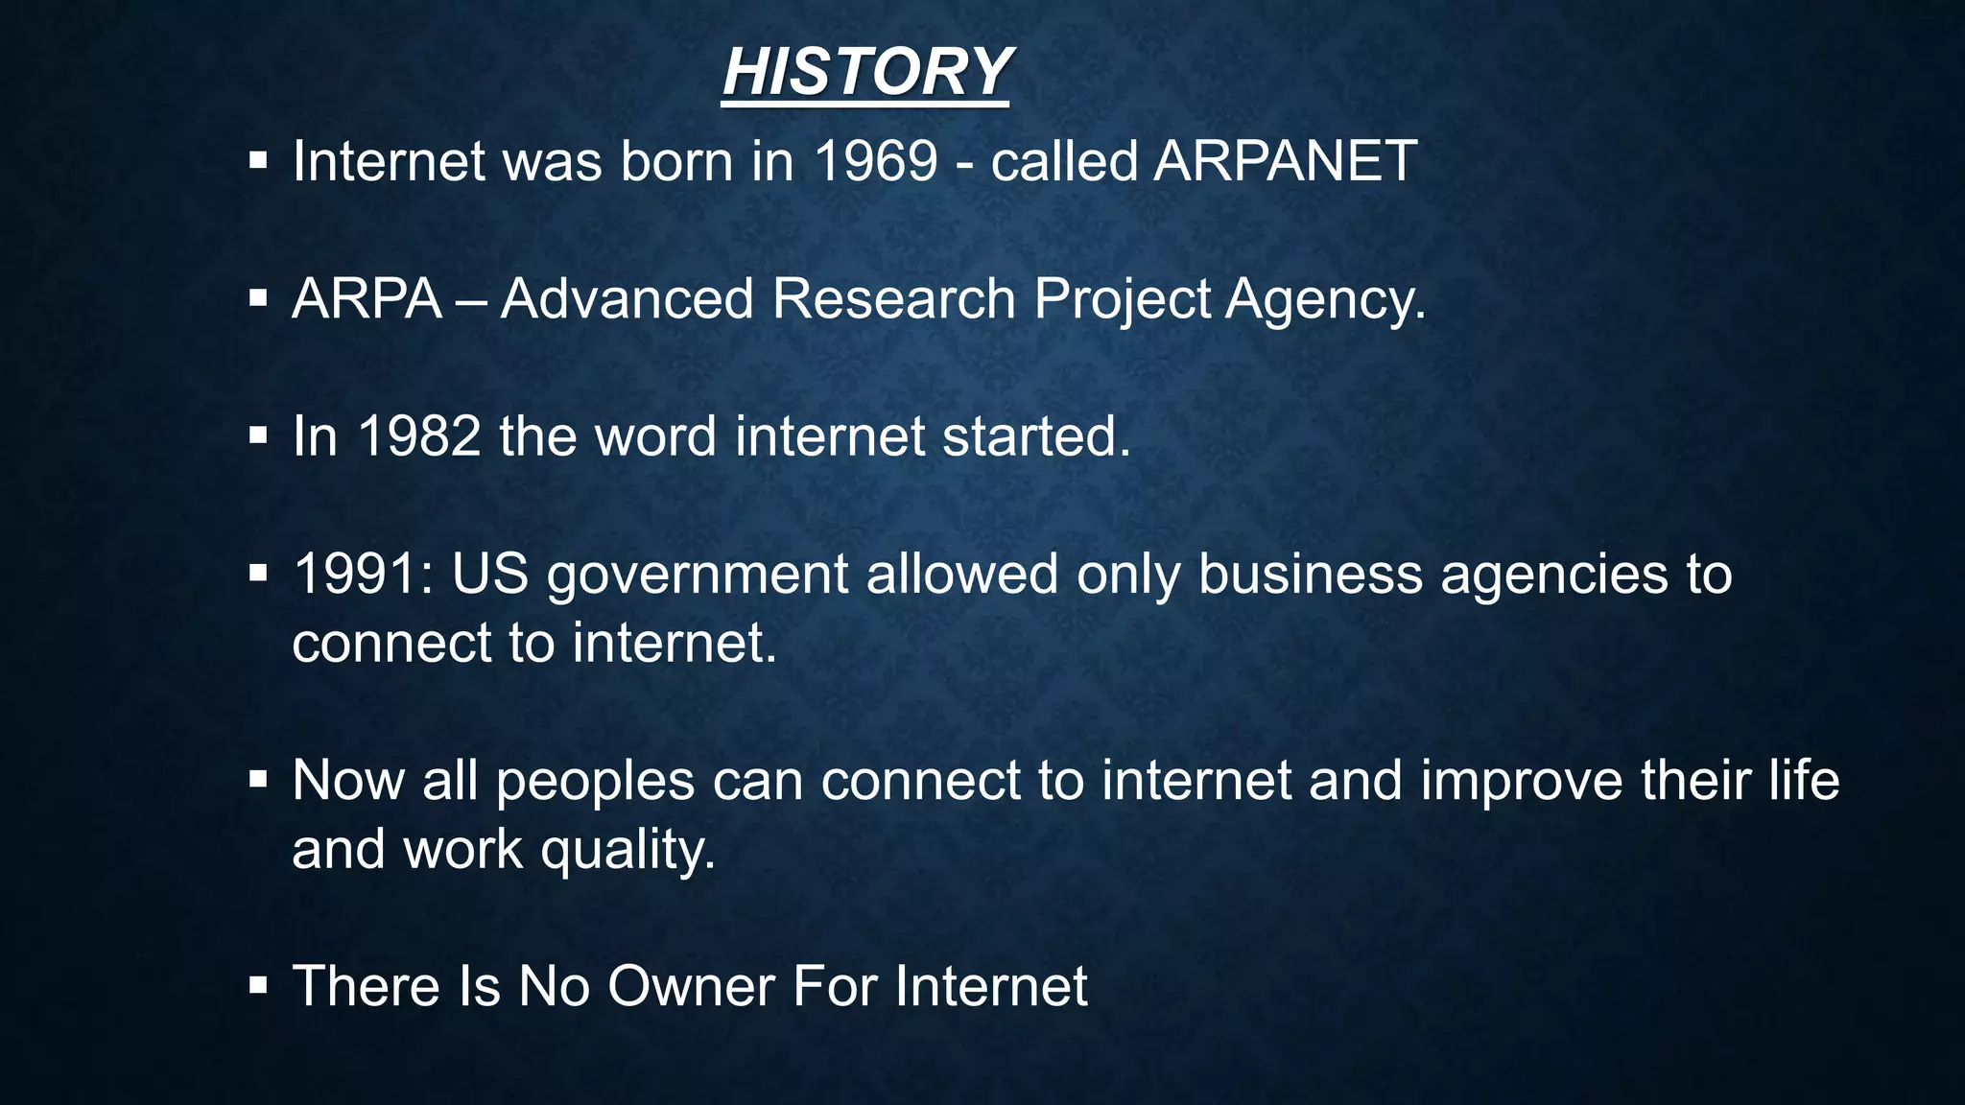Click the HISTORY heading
[865, 72]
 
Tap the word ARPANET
[1285, 161]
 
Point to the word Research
[893, 298]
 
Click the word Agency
[1324, 300]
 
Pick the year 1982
[418, 436]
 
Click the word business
[1310, 575]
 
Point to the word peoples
[595, 782]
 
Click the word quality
[627, 851]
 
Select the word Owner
[691, 986]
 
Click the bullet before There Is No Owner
[257, 985]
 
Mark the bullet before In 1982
[257, 436]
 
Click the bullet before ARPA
[257, 298]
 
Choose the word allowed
[961, 575]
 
